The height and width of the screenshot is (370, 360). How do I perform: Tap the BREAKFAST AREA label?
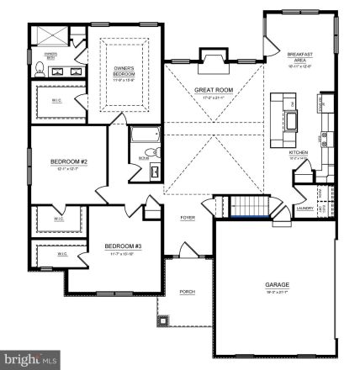coord(299,55)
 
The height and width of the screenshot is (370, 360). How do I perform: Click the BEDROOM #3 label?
coord(122,246)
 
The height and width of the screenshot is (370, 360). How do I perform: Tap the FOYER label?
coord(188,218)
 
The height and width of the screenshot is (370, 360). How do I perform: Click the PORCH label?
coord(188,292)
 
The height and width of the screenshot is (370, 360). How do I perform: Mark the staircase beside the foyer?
coord(250,207)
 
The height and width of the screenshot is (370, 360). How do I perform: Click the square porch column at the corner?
coord(166,320)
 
